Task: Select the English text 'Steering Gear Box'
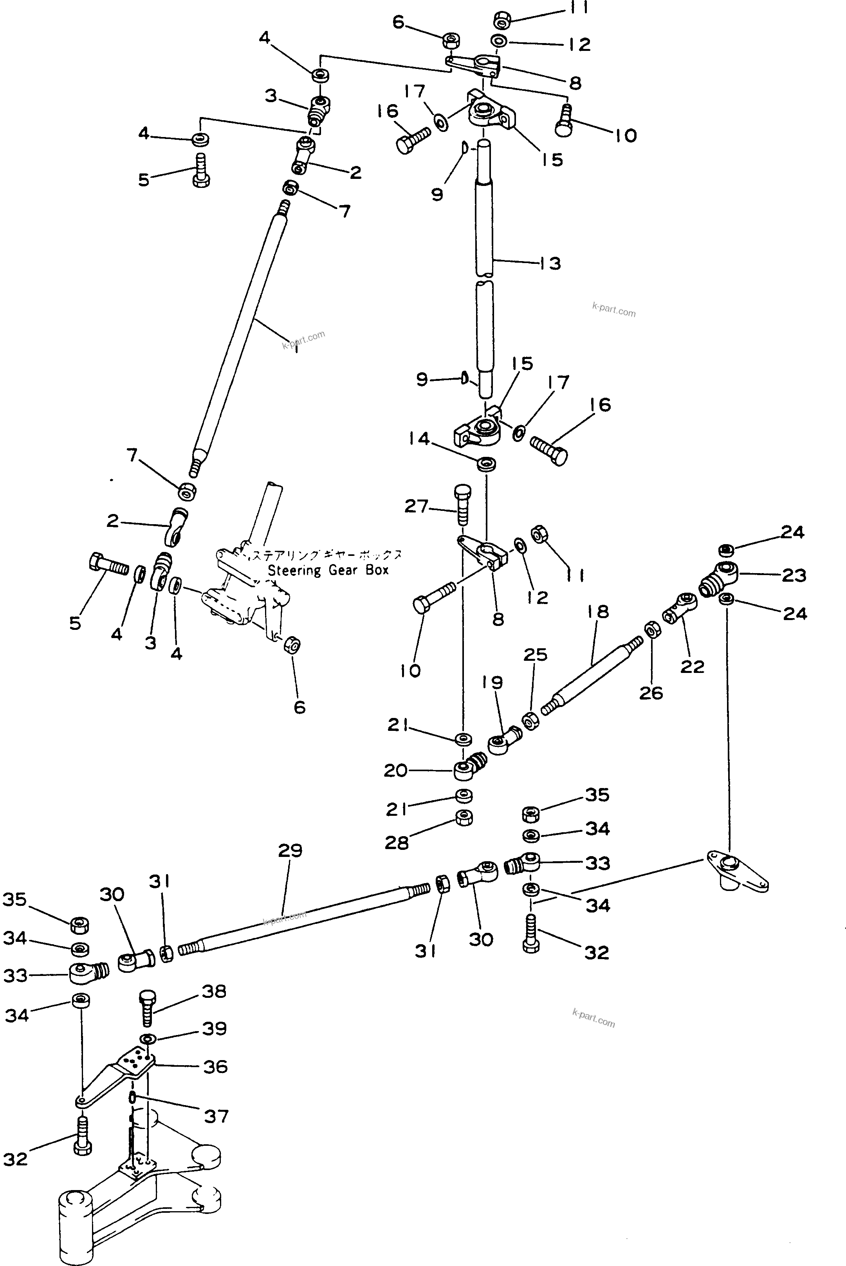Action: (x=328, y=570)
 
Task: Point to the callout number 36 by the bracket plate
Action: (x=215, y=1066)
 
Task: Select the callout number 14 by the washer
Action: (x=418, y=438)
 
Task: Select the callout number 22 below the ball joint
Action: (x=692, y=667)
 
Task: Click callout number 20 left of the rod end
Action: (x=395, y=770)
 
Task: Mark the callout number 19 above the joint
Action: (x=492, y=682)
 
